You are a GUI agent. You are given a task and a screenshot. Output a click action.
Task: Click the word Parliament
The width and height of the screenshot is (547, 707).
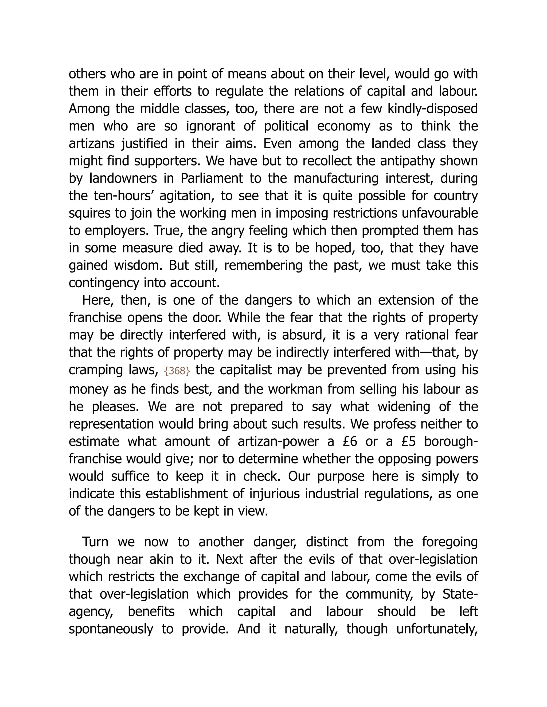[x=212, y=179]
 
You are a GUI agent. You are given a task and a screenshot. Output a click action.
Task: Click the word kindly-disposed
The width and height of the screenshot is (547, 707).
[x=433, y=109]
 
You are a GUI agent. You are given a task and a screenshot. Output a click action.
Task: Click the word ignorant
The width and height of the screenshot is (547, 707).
[x=210, y=126]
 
